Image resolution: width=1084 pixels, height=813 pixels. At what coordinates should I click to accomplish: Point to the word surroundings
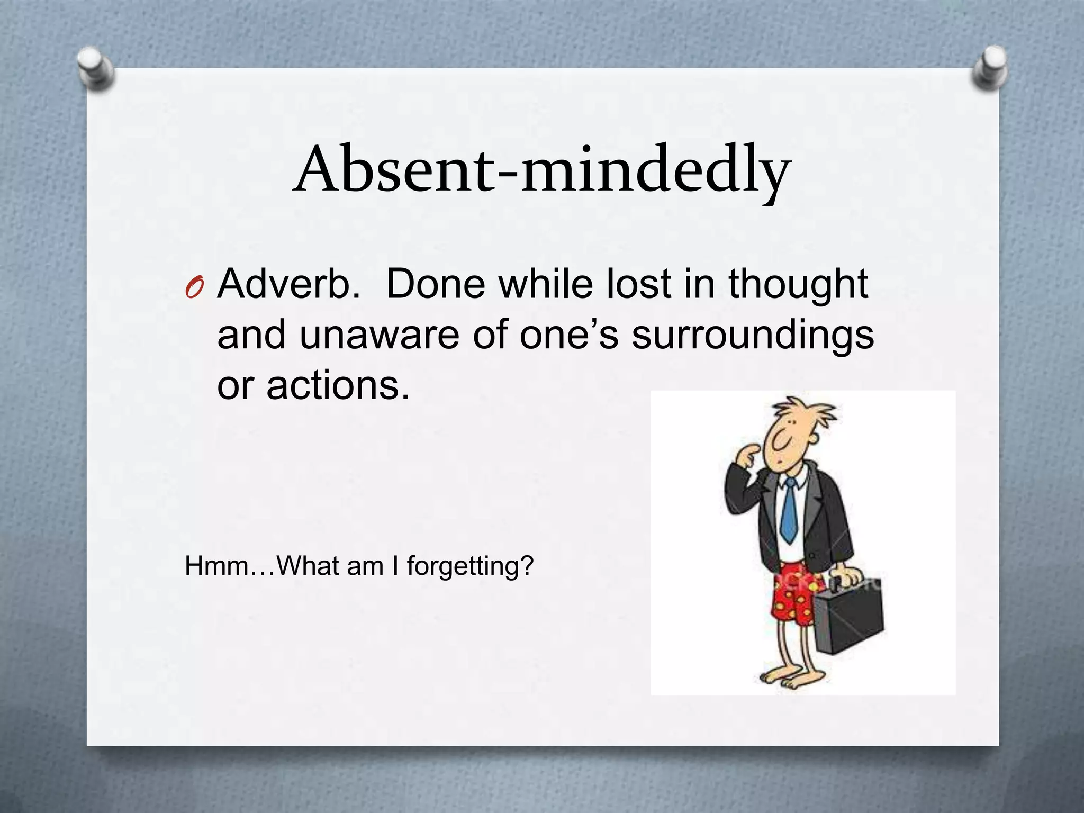(x=752, y=337)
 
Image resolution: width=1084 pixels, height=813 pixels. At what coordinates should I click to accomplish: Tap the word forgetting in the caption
(x=470, y=566)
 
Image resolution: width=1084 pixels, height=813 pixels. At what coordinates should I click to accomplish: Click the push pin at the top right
(x=989, y=68)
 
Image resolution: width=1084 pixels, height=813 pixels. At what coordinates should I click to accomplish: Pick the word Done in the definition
(x=435, y=284)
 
